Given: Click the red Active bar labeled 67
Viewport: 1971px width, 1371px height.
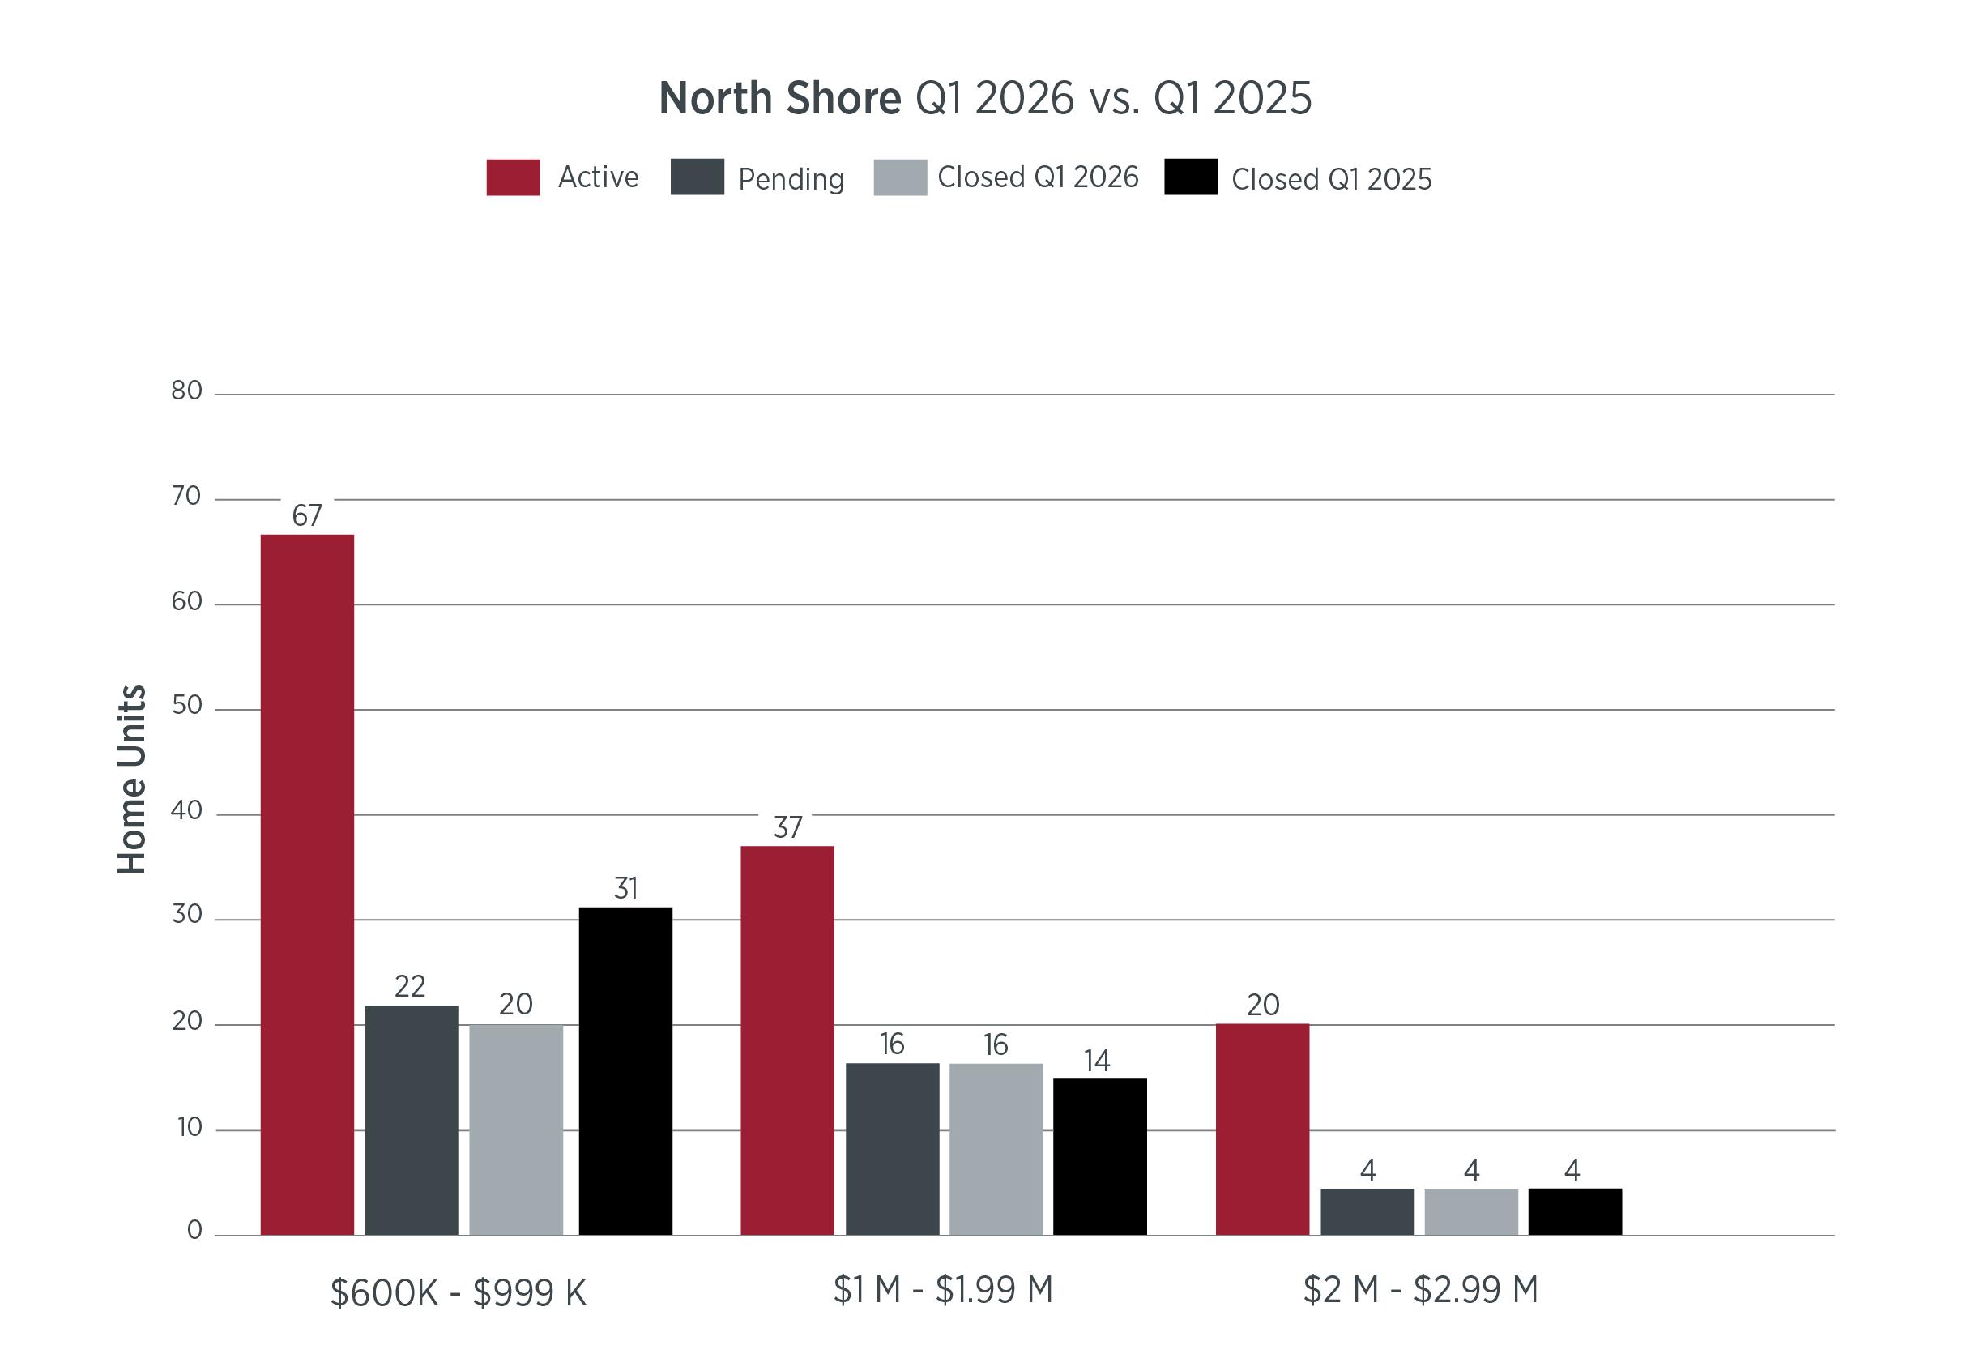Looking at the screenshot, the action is click(307, 884).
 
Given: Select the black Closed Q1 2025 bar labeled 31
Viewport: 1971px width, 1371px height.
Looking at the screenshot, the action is click(625, 1071).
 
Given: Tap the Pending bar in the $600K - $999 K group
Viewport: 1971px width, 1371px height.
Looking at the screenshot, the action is click(412, 1121).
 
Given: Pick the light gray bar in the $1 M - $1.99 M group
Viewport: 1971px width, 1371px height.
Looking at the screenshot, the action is click(996, 1150).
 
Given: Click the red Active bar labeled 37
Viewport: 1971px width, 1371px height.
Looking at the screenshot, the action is click(787, 1040).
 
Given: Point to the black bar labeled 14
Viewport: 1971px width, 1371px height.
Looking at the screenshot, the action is click(1100, 1157).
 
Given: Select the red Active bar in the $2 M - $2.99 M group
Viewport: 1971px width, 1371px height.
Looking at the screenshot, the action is click(1263, 1130).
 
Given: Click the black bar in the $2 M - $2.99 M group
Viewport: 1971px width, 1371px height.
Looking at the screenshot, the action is click(1575, 1212).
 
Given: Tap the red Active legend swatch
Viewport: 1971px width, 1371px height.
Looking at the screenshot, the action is click(514, 177).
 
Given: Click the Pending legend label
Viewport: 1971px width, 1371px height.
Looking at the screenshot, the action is click(791, 179).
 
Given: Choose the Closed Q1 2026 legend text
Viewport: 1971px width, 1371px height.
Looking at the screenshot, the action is click(1038, 177).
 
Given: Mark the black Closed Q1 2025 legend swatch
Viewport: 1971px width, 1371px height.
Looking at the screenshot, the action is click(1192, 177).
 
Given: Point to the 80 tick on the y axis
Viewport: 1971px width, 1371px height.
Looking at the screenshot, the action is click(186, 391).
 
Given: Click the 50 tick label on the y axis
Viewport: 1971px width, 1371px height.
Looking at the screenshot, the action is click(186, 706).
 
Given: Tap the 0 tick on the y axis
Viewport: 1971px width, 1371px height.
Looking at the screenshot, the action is click(195, 1230).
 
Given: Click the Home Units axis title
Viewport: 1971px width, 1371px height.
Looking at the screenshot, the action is click(131, 779).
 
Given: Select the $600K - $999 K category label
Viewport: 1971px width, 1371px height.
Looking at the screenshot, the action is click(459, 1293).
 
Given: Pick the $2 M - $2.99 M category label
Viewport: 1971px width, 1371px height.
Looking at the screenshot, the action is click(1421, 1289).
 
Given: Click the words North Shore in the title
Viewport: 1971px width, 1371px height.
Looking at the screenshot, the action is click(780, 98).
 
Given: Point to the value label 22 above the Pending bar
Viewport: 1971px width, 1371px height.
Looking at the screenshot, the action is click(411, 986).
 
